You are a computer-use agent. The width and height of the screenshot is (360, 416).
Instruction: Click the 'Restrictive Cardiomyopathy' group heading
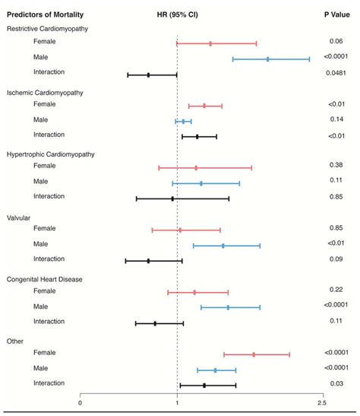[47, 28]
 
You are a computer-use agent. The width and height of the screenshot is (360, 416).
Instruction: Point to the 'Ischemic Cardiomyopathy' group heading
[44, 92]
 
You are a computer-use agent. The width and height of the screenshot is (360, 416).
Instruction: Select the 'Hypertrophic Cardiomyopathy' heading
[50, 154]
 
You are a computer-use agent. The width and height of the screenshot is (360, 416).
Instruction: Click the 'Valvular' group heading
[18, 218]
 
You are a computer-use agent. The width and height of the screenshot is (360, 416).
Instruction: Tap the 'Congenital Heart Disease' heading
[45, 279]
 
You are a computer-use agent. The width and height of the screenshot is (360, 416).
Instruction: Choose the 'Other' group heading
[15, 341]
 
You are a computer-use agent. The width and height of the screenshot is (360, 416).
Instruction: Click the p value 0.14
[337, 119]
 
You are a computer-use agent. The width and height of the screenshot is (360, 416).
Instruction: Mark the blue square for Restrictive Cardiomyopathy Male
[267, 59]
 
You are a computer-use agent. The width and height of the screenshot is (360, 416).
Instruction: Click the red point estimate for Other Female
[254, 354]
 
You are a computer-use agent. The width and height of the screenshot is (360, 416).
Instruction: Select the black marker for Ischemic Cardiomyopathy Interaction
[197, 136]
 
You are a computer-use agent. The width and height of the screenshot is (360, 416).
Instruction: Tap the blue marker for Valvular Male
[223, 246]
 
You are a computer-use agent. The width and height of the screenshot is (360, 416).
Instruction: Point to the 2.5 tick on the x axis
[327, 403]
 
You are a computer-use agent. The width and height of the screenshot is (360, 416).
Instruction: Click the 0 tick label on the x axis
[80, 403]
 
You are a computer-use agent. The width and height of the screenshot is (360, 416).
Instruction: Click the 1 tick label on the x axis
[177, 403]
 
